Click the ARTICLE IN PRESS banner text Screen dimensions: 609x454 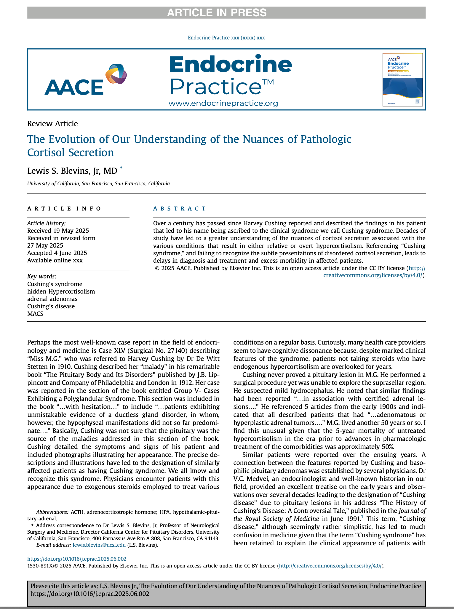tap(217, 13)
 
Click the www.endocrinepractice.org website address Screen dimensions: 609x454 tap(223, 103)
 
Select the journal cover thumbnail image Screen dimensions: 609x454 tap(402, 79)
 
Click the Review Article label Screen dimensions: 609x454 tap(52, 124)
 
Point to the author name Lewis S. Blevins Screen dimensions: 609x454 tap(72, 171)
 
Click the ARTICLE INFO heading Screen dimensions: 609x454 tap(64, 209)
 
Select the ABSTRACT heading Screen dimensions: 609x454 tap(179, 209)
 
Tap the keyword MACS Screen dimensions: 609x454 tap(35, 314)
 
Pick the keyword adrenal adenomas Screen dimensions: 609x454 tap(52, 299)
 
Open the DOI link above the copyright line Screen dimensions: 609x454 tap(77, 559)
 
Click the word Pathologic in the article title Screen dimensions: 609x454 tap(326, 139)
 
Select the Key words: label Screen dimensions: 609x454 tap(41, 276)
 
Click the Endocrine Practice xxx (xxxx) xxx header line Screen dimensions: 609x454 tap(226, 38)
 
